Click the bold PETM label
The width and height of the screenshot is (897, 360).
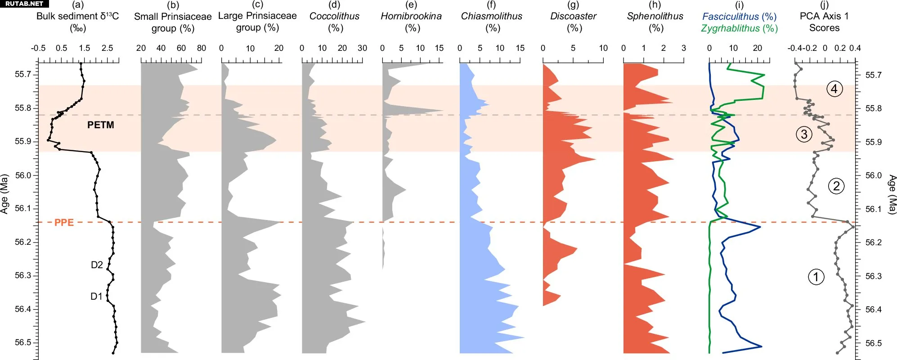tap(100, 125)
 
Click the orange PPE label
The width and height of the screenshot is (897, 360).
tap(64, 222)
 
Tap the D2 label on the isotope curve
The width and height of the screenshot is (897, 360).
tap(97, 265)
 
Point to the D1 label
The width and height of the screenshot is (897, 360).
tap(96, 296)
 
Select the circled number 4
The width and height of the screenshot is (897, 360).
tap(834, 89)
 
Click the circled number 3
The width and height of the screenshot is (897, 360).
tap(804, 134)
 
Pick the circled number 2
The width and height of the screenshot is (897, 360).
tap(836, 186)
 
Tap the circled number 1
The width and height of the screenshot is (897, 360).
tap(816, 276)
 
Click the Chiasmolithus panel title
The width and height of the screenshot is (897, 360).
tap(491, 17)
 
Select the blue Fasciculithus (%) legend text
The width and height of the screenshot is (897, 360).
tap(739, 17)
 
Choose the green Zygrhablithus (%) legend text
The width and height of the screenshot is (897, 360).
tap(739, 28)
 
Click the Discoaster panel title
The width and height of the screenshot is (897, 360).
tap(573, 17)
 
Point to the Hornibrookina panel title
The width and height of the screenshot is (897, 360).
tap(411, 17)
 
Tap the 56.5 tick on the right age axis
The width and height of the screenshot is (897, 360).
tap(873, 343)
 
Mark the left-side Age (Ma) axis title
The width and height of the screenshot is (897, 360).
tap(4, 193)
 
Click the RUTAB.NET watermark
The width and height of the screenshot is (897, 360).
tap(24, 4)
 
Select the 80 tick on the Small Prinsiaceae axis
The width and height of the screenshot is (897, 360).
tap(202, 48)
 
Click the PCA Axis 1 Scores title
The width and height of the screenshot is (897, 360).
tap(824, 22)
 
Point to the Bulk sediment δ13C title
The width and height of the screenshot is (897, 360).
tap(77, 17)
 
